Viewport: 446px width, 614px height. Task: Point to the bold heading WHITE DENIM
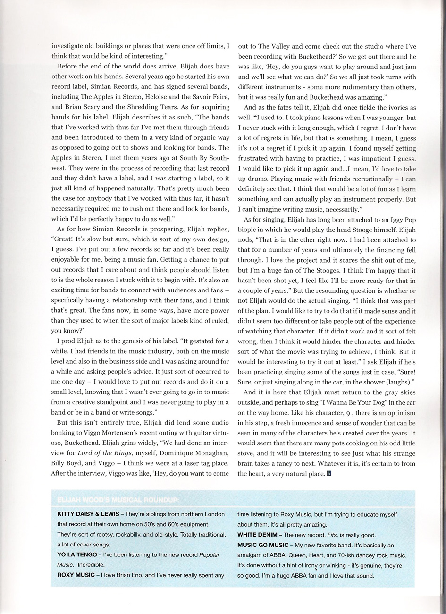click(258, 535)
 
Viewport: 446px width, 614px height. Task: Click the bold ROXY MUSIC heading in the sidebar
click(76, 575)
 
